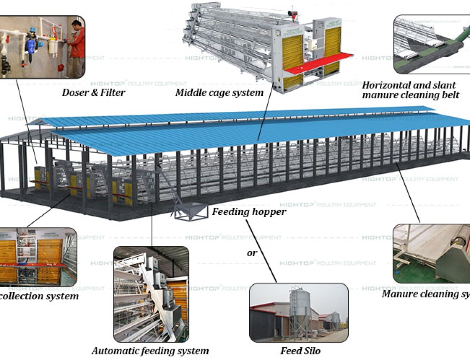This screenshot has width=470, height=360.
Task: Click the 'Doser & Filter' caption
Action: pyautogui.click(x=94, y=93)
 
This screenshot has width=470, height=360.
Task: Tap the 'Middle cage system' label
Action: pyautogui.click(x=219, y=93)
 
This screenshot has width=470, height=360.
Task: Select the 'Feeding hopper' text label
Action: pyautogui.click(x=249, y=211)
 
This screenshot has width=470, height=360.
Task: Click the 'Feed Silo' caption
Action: pyautogui.click(x=300, y=351)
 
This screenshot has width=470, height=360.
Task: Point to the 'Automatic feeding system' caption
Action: pyautogui.click(x=150, y=351)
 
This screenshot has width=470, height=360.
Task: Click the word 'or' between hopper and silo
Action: pyautogui.click(x=252, y=253)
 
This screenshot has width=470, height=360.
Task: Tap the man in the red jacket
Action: pyautogui.click(x=76, y=47)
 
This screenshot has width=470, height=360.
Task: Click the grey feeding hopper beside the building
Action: pyautogui.click(x=191, y=212)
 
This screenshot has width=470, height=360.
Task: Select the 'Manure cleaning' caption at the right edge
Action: pyautogui.click(x=425, y=294)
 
